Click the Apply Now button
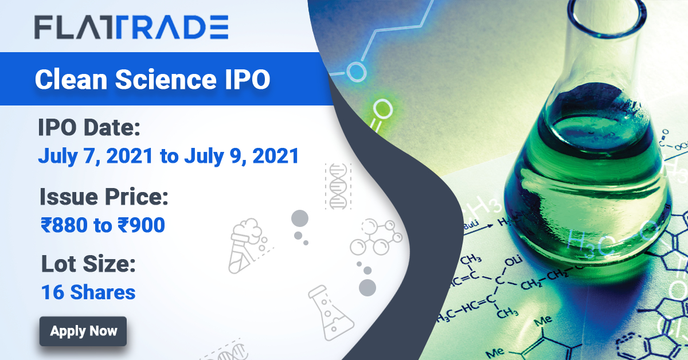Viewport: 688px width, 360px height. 83,331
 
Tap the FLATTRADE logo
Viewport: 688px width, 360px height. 131,27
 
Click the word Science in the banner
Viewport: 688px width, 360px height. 166,79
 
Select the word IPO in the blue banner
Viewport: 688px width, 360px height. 248,79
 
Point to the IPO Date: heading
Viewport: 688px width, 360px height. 89,127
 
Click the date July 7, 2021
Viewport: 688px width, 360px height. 96,156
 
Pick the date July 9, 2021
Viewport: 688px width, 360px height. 241,156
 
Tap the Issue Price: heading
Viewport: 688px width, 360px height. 104,197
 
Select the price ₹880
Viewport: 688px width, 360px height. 64,225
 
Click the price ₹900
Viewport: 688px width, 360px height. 142,225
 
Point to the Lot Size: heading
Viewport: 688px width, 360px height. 88,264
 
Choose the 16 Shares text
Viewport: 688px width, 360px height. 88,292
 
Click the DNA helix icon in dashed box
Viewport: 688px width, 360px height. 338,186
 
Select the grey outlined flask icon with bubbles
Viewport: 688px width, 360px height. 330,313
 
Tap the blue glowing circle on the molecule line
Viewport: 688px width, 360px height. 357,71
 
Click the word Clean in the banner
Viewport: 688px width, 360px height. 71,79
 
